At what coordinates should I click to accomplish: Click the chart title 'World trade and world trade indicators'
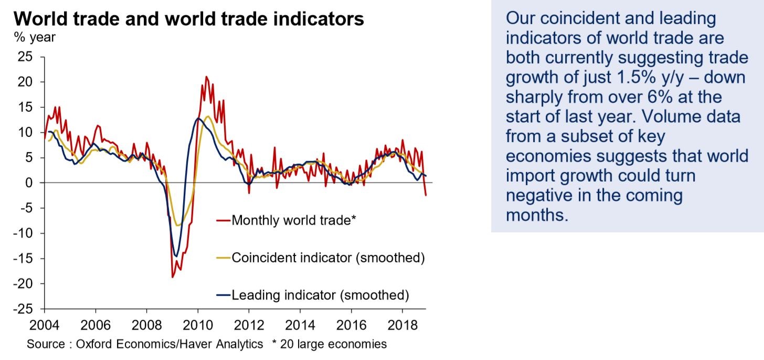pos(189,19)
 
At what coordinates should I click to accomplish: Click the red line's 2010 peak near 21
pos(206,77)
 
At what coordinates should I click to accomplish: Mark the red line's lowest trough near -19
pos(173,277)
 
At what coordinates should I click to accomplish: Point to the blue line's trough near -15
pos(176,257)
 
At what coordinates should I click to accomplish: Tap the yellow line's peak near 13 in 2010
pos(208,117)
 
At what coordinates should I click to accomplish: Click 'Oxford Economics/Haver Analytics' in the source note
pos(169,344)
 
